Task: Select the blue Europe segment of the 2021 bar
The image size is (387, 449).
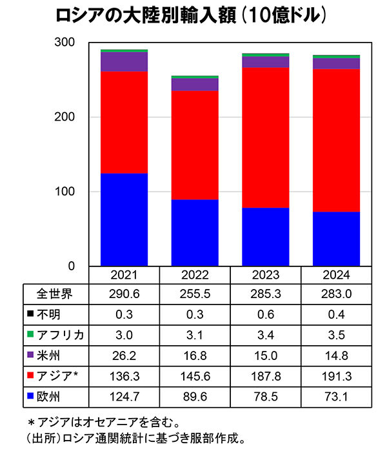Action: pos(124,219)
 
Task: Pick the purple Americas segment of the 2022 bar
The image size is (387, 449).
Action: pos(195,85)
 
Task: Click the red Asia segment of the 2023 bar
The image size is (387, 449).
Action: pos(265,137)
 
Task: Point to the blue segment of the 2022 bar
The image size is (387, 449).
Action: pos(195,232)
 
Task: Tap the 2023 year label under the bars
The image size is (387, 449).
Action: pos(265,275)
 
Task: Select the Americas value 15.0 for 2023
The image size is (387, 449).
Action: pos(265,354)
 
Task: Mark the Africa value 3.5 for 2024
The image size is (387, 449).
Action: pos(336,334)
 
